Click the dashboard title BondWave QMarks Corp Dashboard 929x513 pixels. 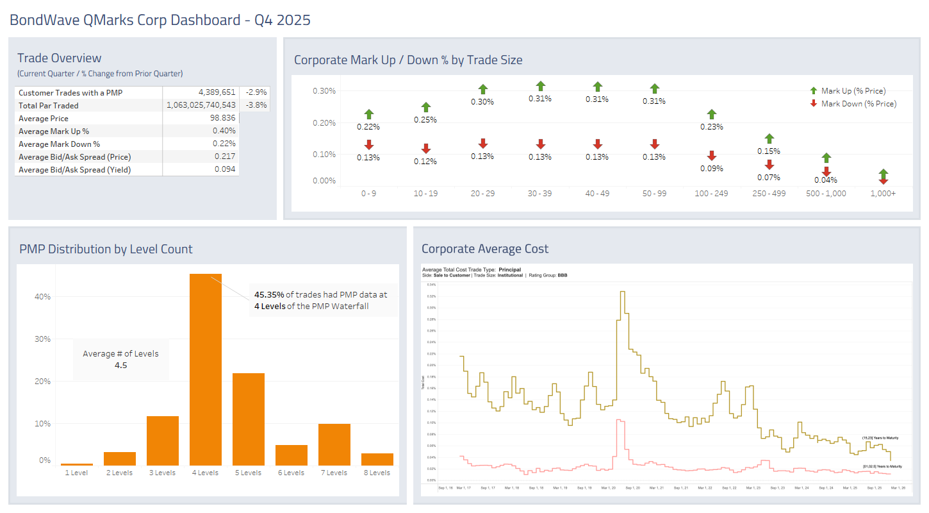[x=160, y=20]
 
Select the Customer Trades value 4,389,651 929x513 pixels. [x=217, y=92]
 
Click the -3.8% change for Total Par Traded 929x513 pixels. [x=256, y=105]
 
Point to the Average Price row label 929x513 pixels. [x=44, y=118]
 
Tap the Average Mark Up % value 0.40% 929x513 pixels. [x=225, y=131]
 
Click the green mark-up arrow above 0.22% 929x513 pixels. [x=369, y=114]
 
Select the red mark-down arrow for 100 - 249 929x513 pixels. [x=712, y=156]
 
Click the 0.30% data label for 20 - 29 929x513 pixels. [x=482, y=102]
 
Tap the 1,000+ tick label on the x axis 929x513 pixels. [x=883, y=193]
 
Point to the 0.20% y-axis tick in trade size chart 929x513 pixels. [x=324, y=122]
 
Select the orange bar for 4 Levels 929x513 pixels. [x=206, y=369]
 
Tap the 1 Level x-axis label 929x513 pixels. [x=77, y=473]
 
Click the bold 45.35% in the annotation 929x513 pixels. [x=269, y=295]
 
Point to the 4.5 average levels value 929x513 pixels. [x=120, y=366]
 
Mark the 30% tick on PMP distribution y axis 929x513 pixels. [x=42, y=339]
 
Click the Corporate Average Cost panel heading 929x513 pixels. [x=485, y=249]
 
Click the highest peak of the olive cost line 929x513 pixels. [x=621, y=292]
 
